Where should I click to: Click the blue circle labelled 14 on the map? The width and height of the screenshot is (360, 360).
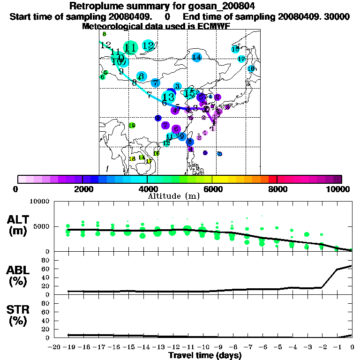click(197, 57)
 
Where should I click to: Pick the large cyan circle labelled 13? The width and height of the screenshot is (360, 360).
click(168, 97)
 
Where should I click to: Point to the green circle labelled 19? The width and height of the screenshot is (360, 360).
click(132, 125)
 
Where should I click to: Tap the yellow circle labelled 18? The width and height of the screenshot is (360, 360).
click(132, 159)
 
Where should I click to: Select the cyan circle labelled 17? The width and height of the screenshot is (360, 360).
click(241, 59)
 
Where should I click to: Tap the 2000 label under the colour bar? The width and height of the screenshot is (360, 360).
click(82, 189)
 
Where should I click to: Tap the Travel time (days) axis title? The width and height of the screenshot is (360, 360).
click(205, 356)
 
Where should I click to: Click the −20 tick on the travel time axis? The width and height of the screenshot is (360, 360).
click(55, 347)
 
